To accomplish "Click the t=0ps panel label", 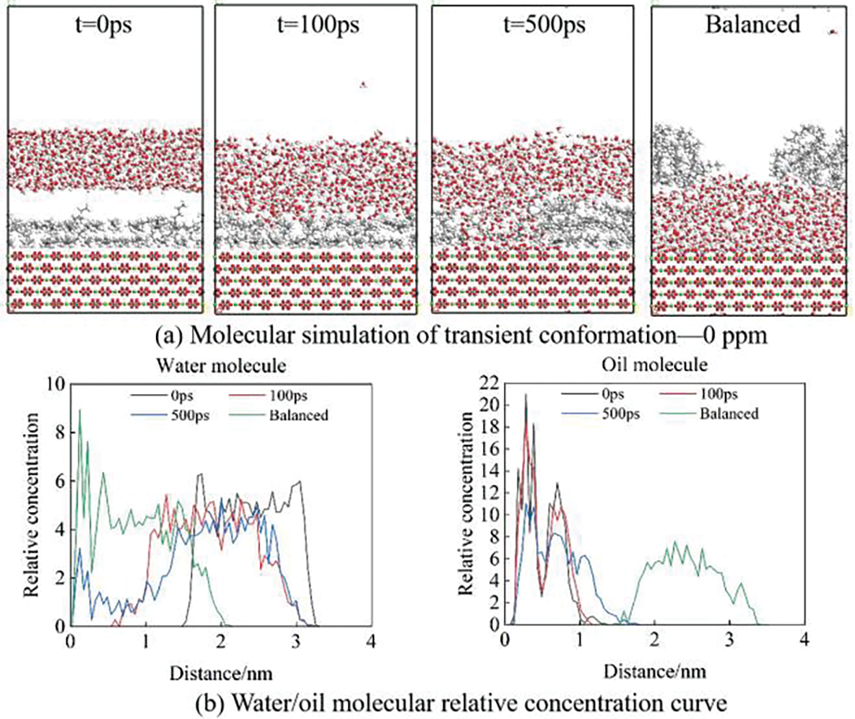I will point(105,25).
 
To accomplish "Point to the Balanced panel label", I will point(752,25).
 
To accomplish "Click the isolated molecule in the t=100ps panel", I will point(363,85).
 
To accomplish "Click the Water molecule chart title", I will point(221,366).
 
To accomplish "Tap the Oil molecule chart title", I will point(655,364).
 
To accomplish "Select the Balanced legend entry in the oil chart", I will point(728,413).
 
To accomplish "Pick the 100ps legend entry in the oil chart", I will point(719,394).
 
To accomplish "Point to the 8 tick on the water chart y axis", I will point(60,433).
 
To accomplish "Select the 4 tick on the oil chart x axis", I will point(804,639).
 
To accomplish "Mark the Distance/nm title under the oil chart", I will point(655,672).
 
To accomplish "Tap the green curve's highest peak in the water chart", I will point(80,410).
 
